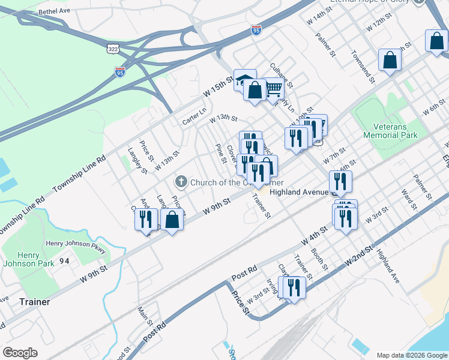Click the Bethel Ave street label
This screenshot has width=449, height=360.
pyautogui.click(x=55, y=11)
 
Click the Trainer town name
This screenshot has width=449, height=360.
pyautogui.click(x=34, y=302)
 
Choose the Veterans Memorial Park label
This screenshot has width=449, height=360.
pyautogui.click(x=390, y=131)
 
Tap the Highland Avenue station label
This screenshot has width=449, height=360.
pyautogui.click(x=298, y=193)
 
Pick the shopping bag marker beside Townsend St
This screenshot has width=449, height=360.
pyautogui.click(x=390, y=60)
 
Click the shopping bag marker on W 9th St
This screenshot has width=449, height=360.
pyautogui.click(x=172, y=220)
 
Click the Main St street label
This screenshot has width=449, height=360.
pyautogui.click(x=145, y=316)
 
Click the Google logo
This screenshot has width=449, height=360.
pyautogui.click(x=20, y=353)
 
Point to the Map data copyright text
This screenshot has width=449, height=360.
pyautogui.click(x=411, y=355)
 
